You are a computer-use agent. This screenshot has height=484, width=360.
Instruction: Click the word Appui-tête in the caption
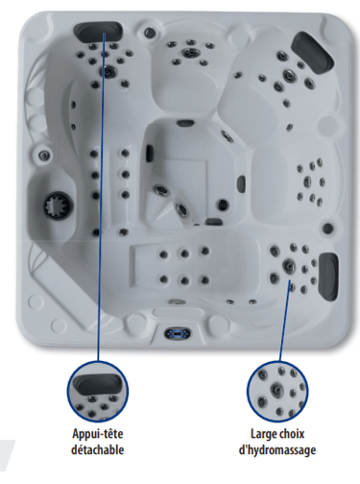98,434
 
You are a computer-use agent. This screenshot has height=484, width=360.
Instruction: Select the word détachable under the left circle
98,450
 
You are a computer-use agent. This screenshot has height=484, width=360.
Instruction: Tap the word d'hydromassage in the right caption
277,450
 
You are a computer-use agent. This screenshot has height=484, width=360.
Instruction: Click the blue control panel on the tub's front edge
178,334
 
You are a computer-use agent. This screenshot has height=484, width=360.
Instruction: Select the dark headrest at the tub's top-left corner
98,30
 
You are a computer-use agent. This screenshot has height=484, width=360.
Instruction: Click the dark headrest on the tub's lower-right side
328,277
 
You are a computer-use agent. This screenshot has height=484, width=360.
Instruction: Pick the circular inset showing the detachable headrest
98,392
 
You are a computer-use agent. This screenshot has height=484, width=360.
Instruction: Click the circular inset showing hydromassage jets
277,392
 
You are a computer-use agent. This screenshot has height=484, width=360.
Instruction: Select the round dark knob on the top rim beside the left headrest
149,32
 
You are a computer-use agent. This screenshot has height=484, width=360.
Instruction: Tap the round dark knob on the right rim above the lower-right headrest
327,229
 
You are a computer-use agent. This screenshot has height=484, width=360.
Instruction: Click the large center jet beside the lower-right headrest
288,266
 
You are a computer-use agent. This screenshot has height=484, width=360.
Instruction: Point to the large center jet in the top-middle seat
190,52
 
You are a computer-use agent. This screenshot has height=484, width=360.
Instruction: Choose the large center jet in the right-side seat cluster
307,181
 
